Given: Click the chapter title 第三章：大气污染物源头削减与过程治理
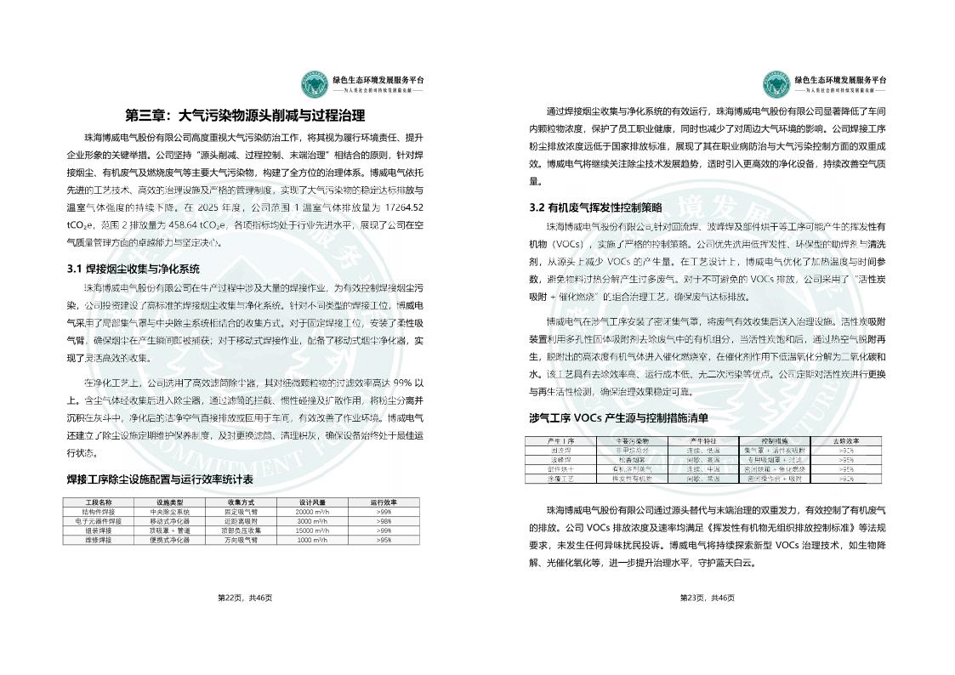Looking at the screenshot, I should coord(245,116).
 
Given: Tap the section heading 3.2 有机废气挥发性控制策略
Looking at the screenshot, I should coord(595,207).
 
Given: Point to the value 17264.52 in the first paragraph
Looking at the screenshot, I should coord(405,207).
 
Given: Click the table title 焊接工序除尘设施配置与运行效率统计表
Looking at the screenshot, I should coord(160,479).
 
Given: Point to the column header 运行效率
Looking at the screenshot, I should coord(384,502).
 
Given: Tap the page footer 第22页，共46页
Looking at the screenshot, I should coord(245,598).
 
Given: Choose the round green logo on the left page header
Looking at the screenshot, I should coord(315,83).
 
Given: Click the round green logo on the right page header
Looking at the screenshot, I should coord(776,83).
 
